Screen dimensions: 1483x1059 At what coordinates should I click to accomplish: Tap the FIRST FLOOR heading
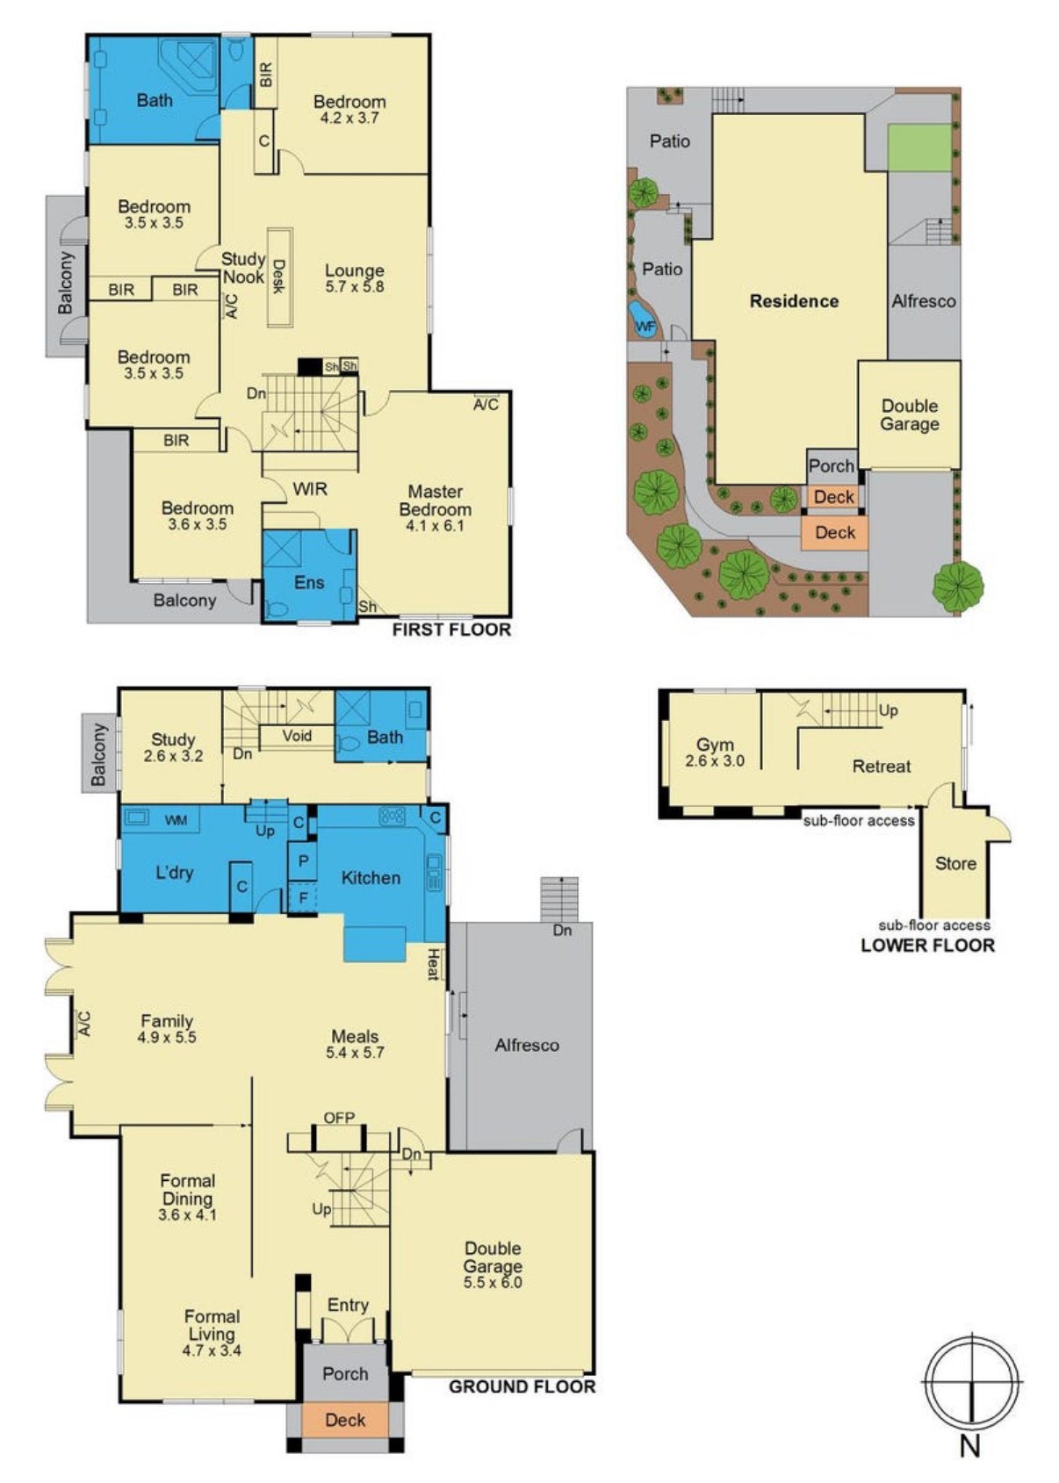(450, 630)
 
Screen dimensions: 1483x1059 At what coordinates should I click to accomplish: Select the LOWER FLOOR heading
(927, 946)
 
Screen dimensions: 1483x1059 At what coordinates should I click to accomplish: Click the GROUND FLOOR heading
(522, 1386)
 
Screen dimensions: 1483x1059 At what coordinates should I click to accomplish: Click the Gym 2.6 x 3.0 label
(715, 752)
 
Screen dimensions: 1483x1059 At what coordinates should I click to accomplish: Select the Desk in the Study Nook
(279, 277)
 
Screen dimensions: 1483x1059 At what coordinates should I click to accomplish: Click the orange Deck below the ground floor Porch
(345, 1420)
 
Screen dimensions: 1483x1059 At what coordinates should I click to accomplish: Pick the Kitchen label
(371, 878)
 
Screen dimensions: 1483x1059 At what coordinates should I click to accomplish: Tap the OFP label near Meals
(339, 1118)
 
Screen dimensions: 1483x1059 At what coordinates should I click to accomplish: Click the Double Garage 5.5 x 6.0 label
(493, 1264)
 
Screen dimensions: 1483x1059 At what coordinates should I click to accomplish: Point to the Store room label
(955, 863)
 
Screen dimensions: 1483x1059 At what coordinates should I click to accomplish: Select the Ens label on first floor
(309, 582)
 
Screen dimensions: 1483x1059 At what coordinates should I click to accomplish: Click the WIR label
(310, 489)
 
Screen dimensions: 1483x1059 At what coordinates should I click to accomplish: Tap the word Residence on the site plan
(794, 301)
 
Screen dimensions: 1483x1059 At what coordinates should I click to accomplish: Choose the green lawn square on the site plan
(919, 148)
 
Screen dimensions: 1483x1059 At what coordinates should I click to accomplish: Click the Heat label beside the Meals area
(433, 963)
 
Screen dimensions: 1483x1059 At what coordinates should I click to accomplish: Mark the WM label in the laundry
(176, 820)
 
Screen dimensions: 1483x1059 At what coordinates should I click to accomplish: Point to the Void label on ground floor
(297, 736)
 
